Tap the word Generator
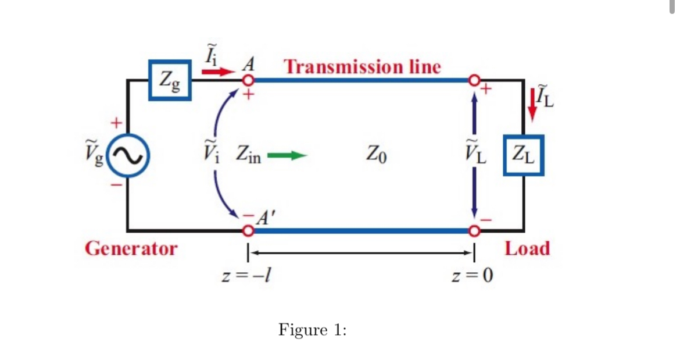coord(131,249)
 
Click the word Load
coord(527,249)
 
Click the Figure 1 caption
coord(313,330)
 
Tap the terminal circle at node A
coord(248,80)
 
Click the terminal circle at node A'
coord(248,231)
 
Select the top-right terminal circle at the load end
coord(475,80)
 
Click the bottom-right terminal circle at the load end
coord(475,231)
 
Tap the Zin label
coord(248,155)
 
